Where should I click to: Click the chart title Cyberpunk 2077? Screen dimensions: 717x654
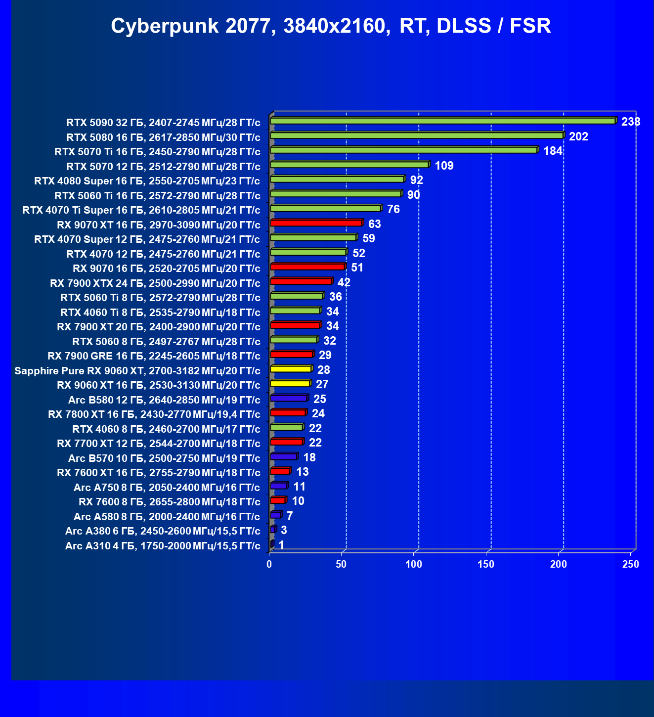pyautogui.click(x=331, y=26)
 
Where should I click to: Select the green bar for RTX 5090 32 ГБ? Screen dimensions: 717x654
pyautogui.click(x=442, y=121)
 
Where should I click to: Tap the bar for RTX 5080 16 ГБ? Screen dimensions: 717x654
pyautogui.click(x=417, y=135)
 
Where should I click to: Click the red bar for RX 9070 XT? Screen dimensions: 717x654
pyautogui.click(x=316, y=224)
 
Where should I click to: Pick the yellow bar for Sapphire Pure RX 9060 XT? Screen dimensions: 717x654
pyautogui.click(x=291, y=369)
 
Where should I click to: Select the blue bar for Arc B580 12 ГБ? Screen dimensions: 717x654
pyautogui.click(x=289, y=398)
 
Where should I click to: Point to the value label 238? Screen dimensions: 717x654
pyautogui.click(x=630, y=122)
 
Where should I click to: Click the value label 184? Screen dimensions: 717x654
pyautogui.click(x=553, y=151)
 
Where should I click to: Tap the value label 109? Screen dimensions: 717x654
pyautogui.click(x=444, y=166)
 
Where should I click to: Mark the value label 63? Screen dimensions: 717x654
pyautogui.click(x=374, y=224)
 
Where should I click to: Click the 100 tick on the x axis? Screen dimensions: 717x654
pyautogui.click(x=414, y=564)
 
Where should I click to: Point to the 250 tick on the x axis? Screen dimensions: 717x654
pyautogui.click(x=631, y=564)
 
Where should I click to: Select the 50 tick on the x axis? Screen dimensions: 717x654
pyautogui.click(x=341, y=564)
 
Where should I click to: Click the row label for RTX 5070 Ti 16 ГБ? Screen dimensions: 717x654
pyautogui.click(x=157, y=152)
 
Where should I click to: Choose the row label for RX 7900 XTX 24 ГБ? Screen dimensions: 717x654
pyautogui.click(x=155, y=283)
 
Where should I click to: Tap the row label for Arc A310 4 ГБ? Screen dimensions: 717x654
pyautogui.click(x=163, y=546)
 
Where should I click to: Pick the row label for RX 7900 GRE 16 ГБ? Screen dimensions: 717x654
pyautogui.click(x=154, y=356)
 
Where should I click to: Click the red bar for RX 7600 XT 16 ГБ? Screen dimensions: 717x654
pyautogui.click(x=280, y=471)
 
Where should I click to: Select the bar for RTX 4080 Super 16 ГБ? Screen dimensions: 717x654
pyautogui.click(x=337, y=179)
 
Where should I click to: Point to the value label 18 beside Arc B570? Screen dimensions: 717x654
pyautogui.click(x=309, y=457)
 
